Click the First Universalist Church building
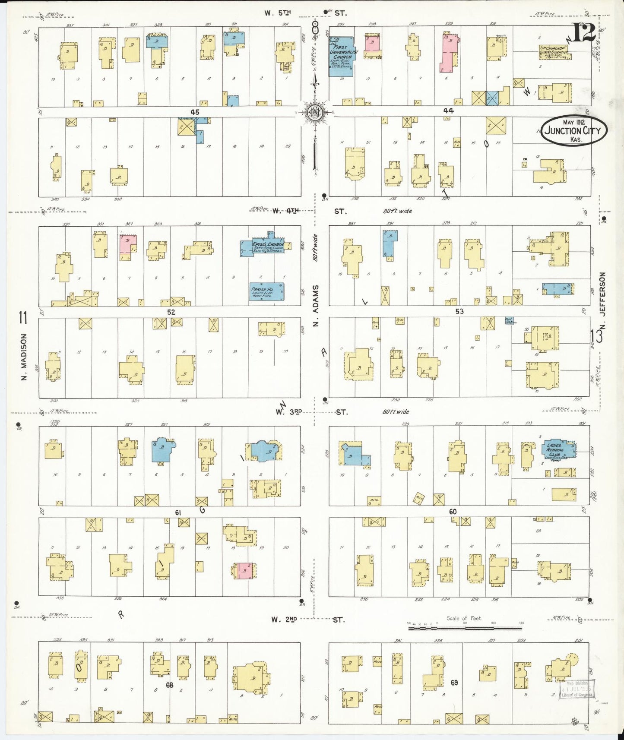(x=341, y=56)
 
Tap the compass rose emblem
(x=315, y=113)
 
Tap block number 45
(x=195, y=112)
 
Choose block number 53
(x=459, y=311)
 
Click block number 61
(x=177, y=512)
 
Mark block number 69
(x=454, y=683)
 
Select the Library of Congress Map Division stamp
(x=576, y=689)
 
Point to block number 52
(x=171, y=312)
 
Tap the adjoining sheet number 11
(x=23, y=318)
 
